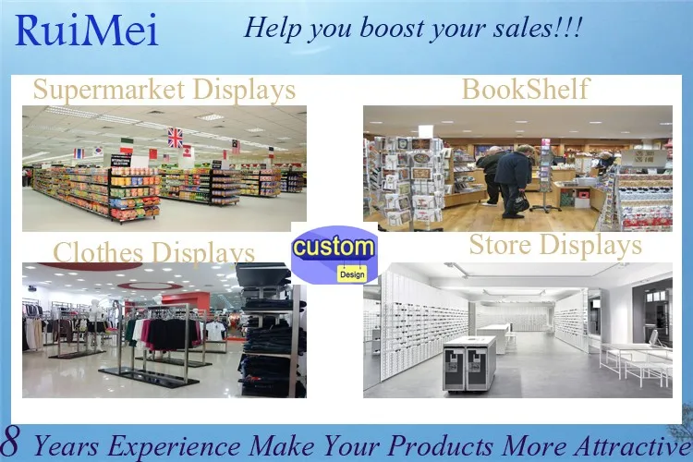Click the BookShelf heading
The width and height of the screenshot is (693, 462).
point(525,91)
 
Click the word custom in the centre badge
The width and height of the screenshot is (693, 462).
point(334,249)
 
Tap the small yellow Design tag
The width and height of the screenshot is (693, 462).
point(351,274)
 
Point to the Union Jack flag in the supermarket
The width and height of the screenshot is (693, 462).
point(175,138)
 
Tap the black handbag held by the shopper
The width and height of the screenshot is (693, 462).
point(521,201)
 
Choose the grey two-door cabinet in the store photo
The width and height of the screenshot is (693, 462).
point(468,362)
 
